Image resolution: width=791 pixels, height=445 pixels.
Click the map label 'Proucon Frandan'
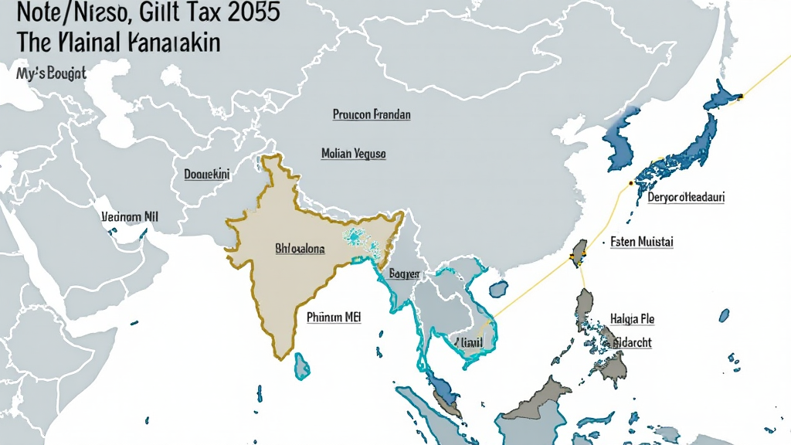pos(372,114)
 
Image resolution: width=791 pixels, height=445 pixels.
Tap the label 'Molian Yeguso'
pos(353,154)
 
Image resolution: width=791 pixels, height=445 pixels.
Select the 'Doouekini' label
pos(207,175)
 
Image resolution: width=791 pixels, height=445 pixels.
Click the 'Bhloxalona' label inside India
pos(300,250)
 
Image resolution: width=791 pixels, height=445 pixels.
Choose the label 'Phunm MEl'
pos(334,316)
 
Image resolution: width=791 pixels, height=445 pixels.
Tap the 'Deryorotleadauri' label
pos(686,197)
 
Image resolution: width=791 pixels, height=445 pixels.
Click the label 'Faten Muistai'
pos(641,242)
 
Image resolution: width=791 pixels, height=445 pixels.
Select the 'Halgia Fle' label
pos(632,318)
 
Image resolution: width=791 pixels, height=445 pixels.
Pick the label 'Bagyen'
pos(405,273)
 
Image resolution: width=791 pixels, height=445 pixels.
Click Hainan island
pos(498,289)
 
